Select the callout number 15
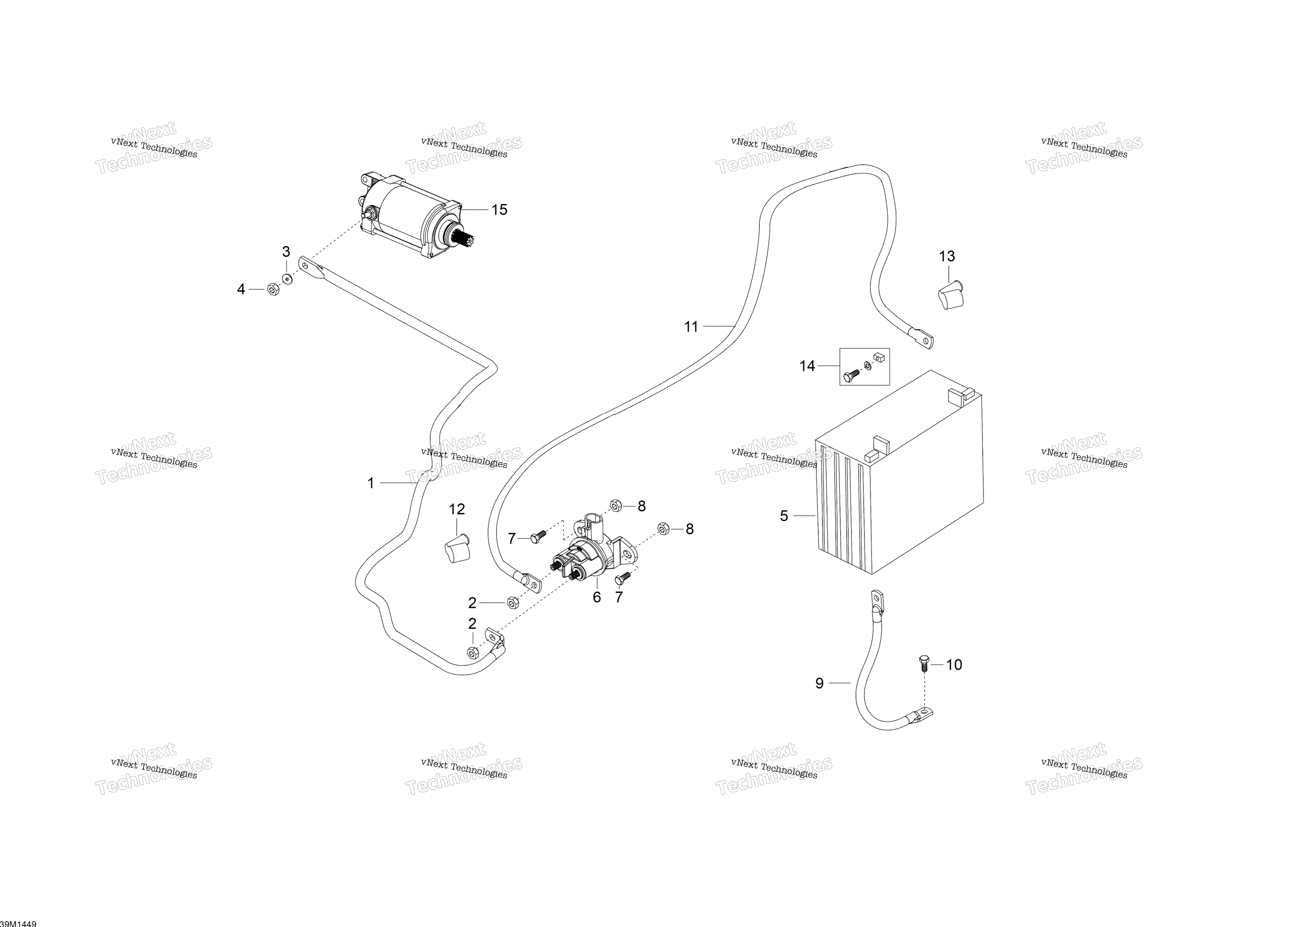point(500,210)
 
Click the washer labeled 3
point(286,280)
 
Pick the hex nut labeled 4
point(273,289)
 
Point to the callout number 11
point(691,327)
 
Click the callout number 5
point(784,516)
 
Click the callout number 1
point(371,484)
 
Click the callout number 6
point(597,597)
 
